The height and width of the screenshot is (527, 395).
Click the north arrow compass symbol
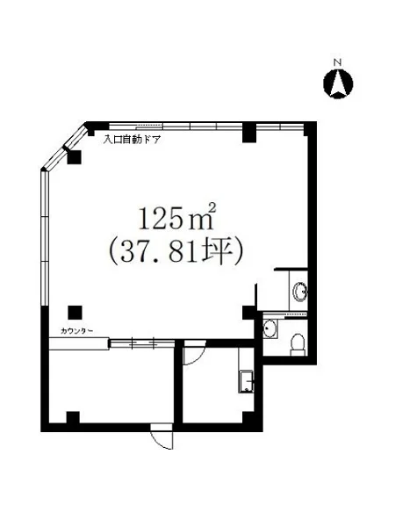[339, 84]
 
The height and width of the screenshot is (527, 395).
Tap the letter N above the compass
[337, 62]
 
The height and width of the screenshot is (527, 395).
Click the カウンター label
[78, 331]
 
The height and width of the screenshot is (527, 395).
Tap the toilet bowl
[297, 342]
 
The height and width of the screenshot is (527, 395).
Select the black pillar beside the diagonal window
[74, 158]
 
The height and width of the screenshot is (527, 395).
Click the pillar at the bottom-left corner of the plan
[75, 416]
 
